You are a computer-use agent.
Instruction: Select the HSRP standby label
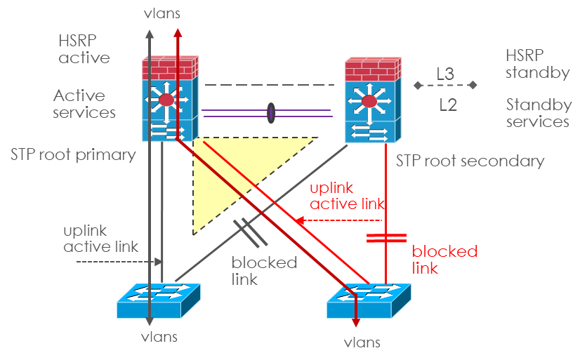(537, 63)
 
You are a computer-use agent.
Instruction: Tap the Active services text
(84, 103)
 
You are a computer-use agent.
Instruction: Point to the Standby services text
(538, 114)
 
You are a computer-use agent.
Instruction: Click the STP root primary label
(72, 154)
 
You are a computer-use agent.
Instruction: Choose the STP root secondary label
(470, 161)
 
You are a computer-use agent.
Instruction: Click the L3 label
(444, 73)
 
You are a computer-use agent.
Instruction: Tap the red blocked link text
(444, 259)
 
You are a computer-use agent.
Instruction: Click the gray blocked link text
(264, 271)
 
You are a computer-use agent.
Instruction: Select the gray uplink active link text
(100, 239)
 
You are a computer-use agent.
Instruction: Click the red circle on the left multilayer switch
(166, 100)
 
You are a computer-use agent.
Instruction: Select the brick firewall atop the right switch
(373, 69)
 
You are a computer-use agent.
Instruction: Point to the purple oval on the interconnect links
(270, 113)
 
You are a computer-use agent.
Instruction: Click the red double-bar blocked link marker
(386, 239)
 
